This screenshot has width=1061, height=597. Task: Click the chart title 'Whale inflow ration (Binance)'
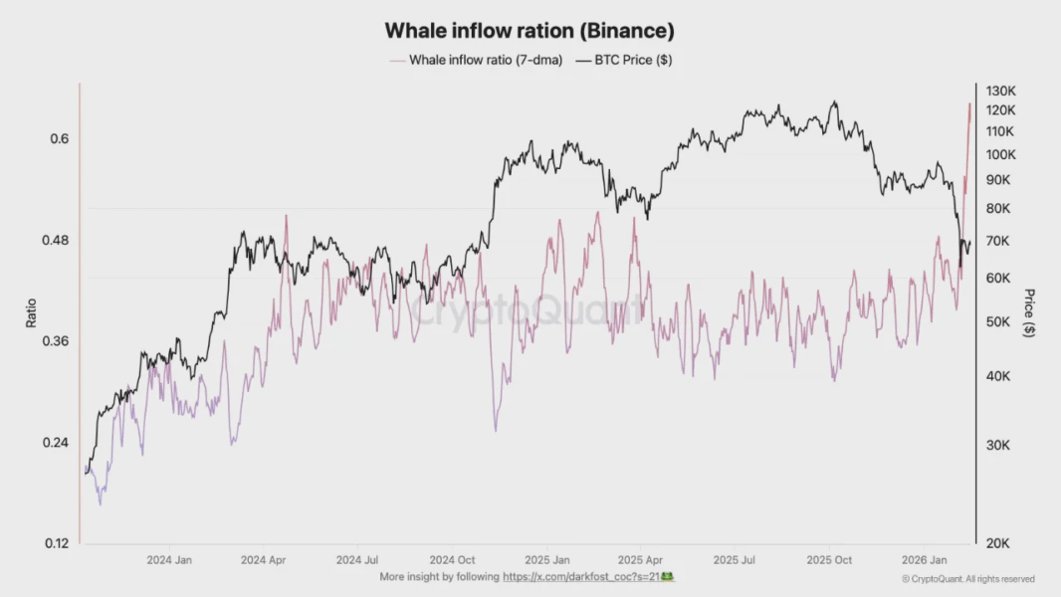(530, 32)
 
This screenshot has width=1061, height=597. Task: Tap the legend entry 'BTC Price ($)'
(626, 60)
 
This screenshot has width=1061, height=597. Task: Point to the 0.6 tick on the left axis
(60, 138)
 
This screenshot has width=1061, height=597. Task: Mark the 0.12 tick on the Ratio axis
(57, 543)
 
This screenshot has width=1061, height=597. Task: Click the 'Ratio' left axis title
(31, 313)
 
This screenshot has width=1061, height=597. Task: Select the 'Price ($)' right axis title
(1029, 313)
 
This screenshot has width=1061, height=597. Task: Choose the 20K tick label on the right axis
(997, 543)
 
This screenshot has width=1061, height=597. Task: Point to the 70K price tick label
(997, 241)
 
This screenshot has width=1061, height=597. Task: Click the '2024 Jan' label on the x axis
(169, 560)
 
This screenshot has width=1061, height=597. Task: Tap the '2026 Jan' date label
(925, 560)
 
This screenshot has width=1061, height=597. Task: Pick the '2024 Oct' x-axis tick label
(453, 560)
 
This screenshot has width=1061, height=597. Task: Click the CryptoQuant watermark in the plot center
(528, 311)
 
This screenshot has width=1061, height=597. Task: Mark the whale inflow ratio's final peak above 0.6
(969, 103)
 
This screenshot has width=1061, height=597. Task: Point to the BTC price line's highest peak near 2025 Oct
(835, 101)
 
